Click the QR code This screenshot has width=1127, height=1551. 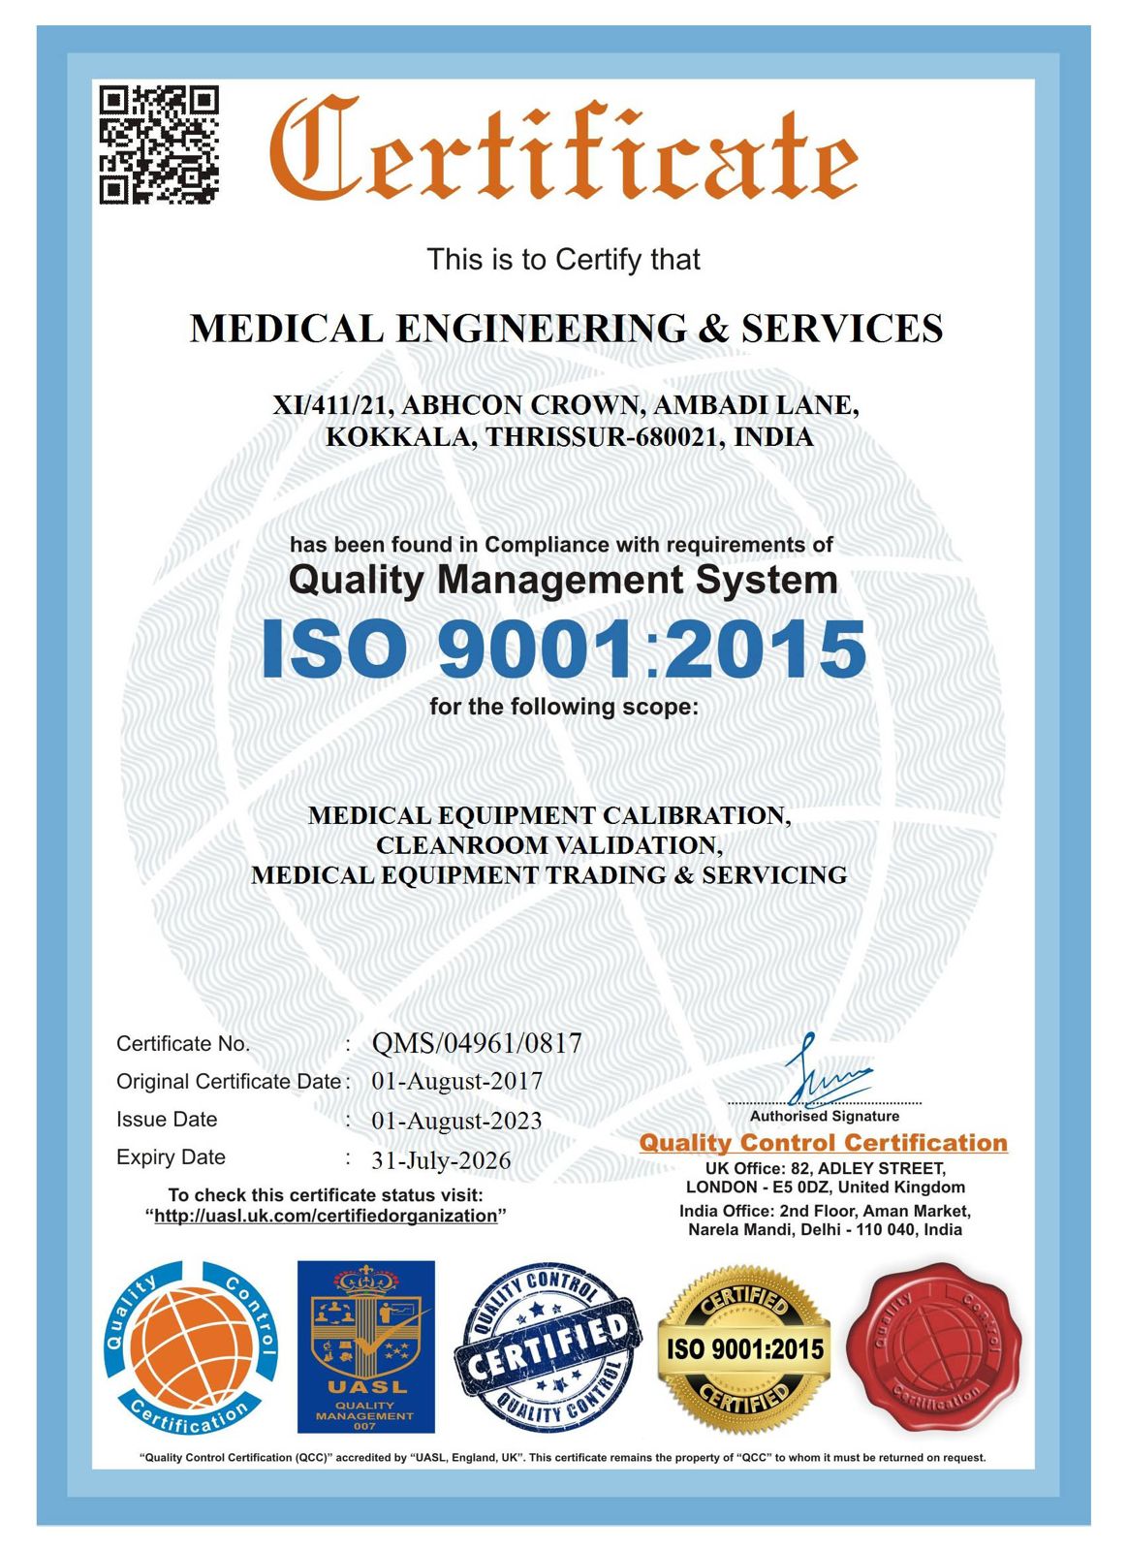point(159,144)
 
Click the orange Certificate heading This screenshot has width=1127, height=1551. point(562,147)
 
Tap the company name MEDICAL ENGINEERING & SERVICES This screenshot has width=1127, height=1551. point(566,329)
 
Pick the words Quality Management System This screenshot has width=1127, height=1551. point(563,580)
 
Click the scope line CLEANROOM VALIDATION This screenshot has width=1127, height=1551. point(548,845)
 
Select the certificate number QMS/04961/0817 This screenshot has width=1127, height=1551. point(477,1043)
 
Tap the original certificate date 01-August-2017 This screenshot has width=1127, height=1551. point(456,1081)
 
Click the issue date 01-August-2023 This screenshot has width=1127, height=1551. point(456,1121)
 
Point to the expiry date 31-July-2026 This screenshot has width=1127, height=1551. point(441,1160)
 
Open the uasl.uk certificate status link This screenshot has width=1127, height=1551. point(326,1216)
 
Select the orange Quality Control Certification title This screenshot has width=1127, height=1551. point(823,1143)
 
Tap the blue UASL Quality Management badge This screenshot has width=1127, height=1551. point(365,1346)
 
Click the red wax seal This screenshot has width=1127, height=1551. point(934,1346)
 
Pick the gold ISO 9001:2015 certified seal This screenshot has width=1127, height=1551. point(744,1347)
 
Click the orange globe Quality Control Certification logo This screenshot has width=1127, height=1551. point(191,1347)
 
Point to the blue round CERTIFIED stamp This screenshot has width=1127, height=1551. point(548,1346)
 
